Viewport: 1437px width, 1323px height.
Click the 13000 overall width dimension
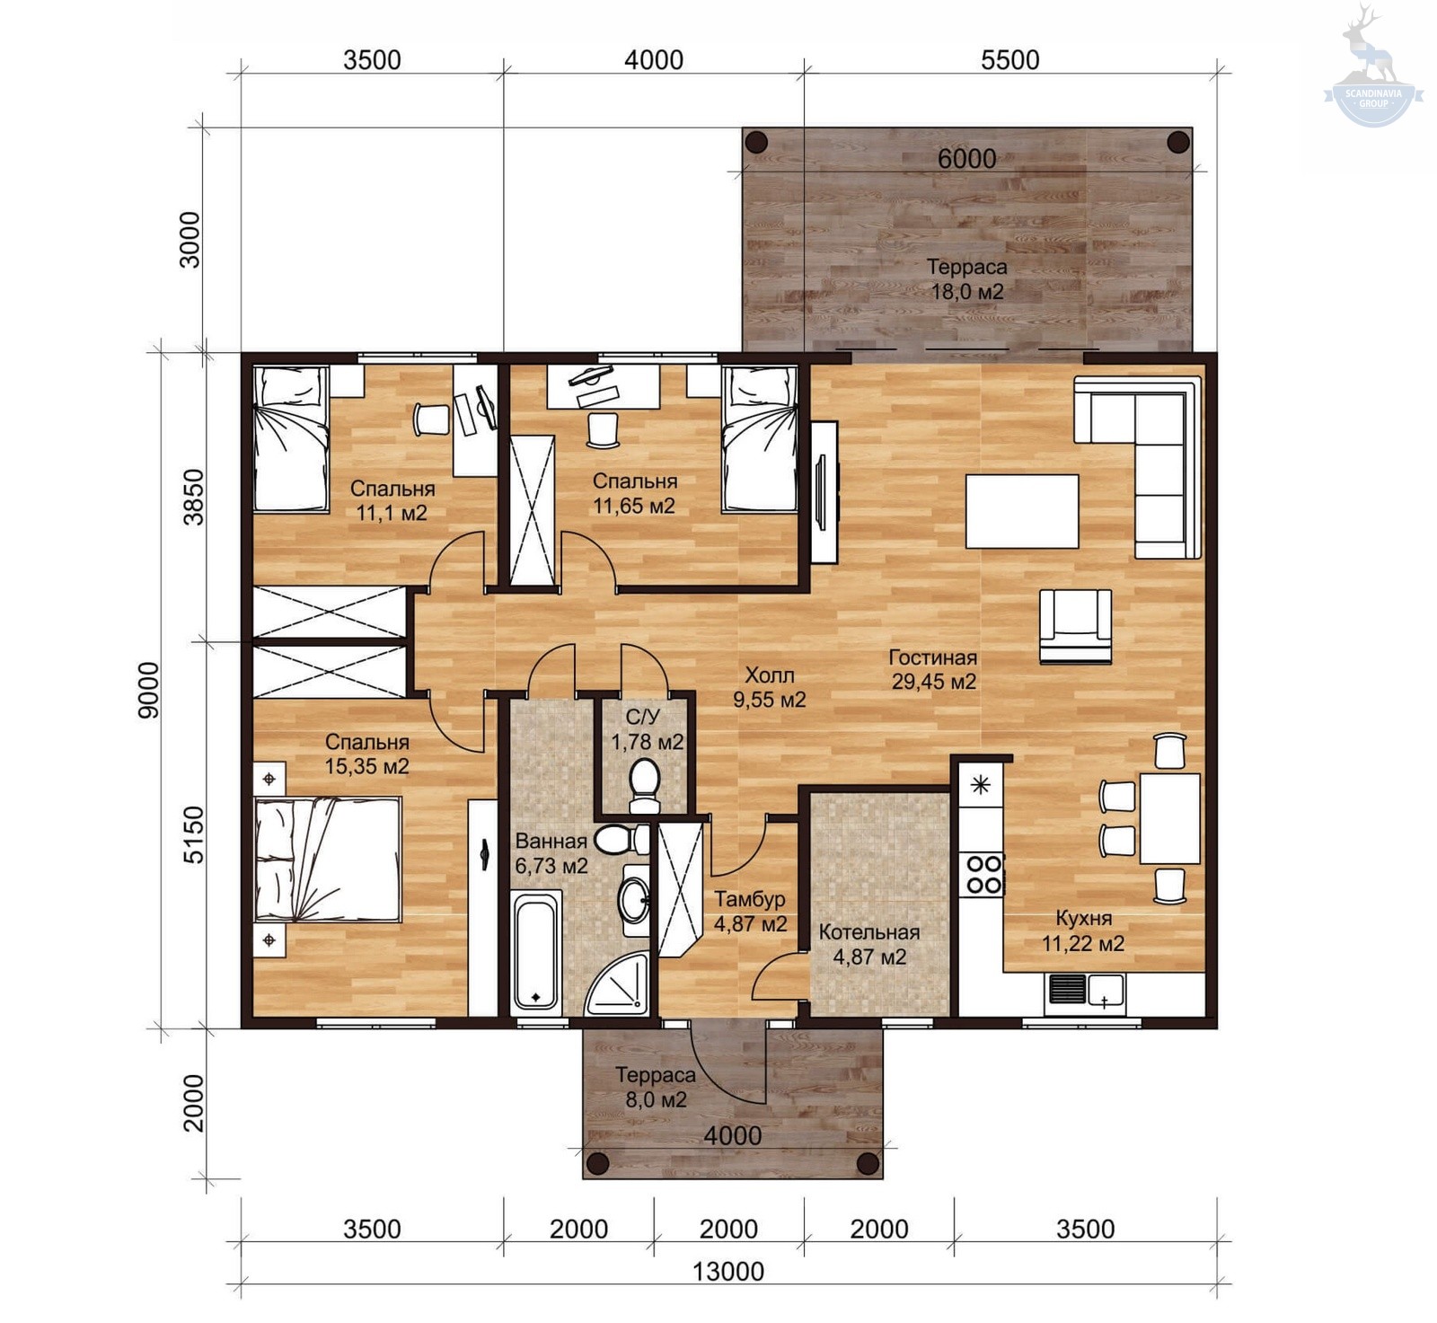[x=728, y=1271]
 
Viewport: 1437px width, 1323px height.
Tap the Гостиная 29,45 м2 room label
[x=933, y=669]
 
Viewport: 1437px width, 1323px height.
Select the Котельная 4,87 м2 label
[x=869, y=945]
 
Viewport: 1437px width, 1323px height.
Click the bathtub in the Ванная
[x=536, y=952]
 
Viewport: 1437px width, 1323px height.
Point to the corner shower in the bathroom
[x=617, y=985]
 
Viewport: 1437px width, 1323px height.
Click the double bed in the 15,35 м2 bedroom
[x=328, y=860]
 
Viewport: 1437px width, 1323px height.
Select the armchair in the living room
[x=1075, y=626]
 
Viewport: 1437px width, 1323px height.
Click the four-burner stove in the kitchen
[x=983, y=875]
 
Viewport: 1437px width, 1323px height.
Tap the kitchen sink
[x=1086, y=990]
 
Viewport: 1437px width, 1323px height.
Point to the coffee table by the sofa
[x=1022, y=511]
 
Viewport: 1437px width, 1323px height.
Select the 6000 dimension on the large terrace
[x=966, y=159]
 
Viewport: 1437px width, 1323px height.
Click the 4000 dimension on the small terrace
[x=732, y=1136]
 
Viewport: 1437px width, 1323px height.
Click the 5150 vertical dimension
[x=194, y=834]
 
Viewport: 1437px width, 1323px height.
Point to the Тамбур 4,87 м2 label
[x=750, y=912]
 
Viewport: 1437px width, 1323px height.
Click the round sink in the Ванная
[x=635, y=898]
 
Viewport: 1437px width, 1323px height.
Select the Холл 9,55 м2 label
[x=769, y=687]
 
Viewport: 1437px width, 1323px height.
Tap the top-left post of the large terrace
[x=756, y=141]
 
